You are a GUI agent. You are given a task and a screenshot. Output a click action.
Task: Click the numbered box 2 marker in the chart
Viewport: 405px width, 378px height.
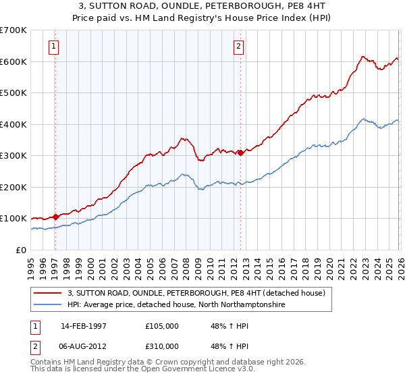pos(238,47)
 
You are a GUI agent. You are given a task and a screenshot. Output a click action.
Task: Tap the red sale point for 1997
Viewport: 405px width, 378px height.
pos(56,217)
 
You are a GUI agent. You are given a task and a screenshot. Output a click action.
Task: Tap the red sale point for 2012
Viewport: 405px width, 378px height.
pos(240,153)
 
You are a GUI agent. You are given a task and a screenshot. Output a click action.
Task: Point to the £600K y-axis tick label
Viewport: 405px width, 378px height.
pos(13,61)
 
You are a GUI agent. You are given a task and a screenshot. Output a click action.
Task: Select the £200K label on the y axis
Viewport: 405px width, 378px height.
pos(13,187)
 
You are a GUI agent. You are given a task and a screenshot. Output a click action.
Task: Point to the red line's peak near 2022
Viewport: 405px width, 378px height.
pos(362,57)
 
